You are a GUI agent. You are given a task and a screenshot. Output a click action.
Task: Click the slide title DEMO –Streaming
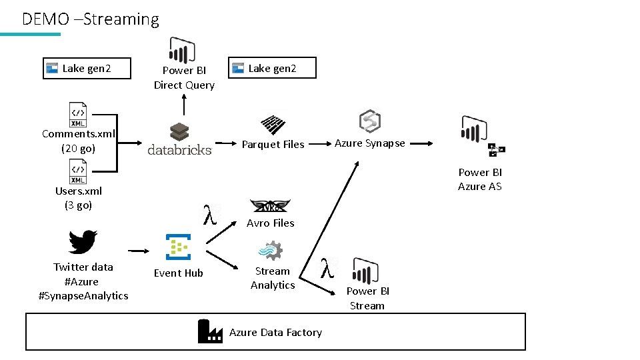[91, 19]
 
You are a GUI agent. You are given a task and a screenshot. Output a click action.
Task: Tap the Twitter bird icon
[83, 241]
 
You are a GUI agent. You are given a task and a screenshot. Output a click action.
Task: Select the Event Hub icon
[178, 246]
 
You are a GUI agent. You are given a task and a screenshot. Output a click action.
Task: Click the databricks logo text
[179, 149]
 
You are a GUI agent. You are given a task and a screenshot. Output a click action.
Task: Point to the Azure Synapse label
[369, 143]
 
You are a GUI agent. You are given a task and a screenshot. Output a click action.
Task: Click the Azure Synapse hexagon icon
[369, 121]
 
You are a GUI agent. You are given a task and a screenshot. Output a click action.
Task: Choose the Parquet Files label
[273, 145]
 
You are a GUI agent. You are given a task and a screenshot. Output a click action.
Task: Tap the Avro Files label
[270, 223]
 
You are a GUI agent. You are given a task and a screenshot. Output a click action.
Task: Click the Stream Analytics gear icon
[271, 251]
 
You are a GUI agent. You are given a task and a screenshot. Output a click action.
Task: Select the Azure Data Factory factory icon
[210, 331]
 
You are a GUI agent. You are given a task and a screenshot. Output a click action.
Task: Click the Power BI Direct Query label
[184, 78]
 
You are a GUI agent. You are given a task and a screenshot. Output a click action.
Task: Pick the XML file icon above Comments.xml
[78, 115]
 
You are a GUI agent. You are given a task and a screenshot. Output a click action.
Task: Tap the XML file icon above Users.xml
[78, 172]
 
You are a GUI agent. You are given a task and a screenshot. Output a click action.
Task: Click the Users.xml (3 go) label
[78, 198]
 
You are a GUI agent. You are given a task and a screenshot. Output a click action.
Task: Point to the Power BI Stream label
[367, 299]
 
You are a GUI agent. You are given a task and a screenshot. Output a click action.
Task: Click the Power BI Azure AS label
[479, 179]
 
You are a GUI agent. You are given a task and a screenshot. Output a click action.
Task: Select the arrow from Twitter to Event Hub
[139, 251]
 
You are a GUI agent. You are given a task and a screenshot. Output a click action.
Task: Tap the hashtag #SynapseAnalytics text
[83, 296]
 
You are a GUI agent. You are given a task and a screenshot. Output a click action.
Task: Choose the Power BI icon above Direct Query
[182, 50]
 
